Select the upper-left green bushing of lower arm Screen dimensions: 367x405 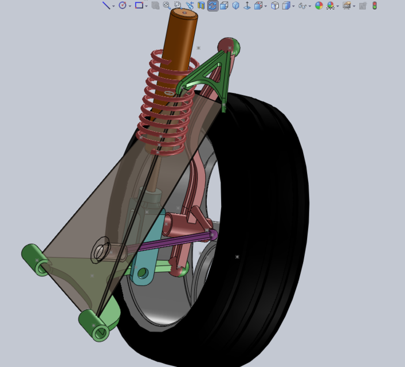click(36, 260)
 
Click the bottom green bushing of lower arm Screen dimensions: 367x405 click(94, 326)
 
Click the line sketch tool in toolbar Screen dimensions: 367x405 click(106, 5)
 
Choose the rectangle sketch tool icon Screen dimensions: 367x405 click(139, 5)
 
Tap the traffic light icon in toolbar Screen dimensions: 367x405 click(375, 5)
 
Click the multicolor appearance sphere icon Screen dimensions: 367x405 click(319, 5)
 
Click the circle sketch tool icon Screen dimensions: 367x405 click(122, 5)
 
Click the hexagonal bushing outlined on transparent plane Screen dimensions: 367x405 click(102, 251)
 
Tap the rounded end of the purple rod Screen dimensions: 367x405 click(213, 234)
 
